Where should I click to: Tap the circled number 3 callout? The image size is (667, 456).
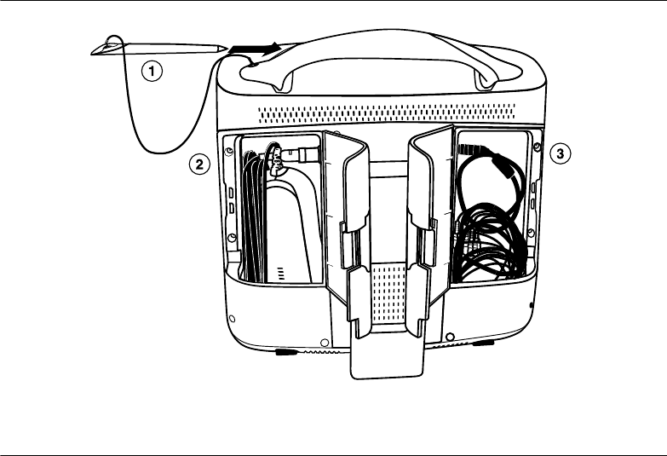(558, 153)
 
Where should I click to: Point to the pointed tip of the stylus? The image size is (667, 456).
(225, 50)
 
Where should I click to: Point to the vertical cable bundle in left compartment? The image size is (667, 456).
(254, 217)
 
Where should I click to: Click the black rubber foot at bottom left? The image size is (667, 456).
(286, 349)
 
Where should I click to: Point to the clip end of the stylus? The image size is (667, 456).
(106, 47)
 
